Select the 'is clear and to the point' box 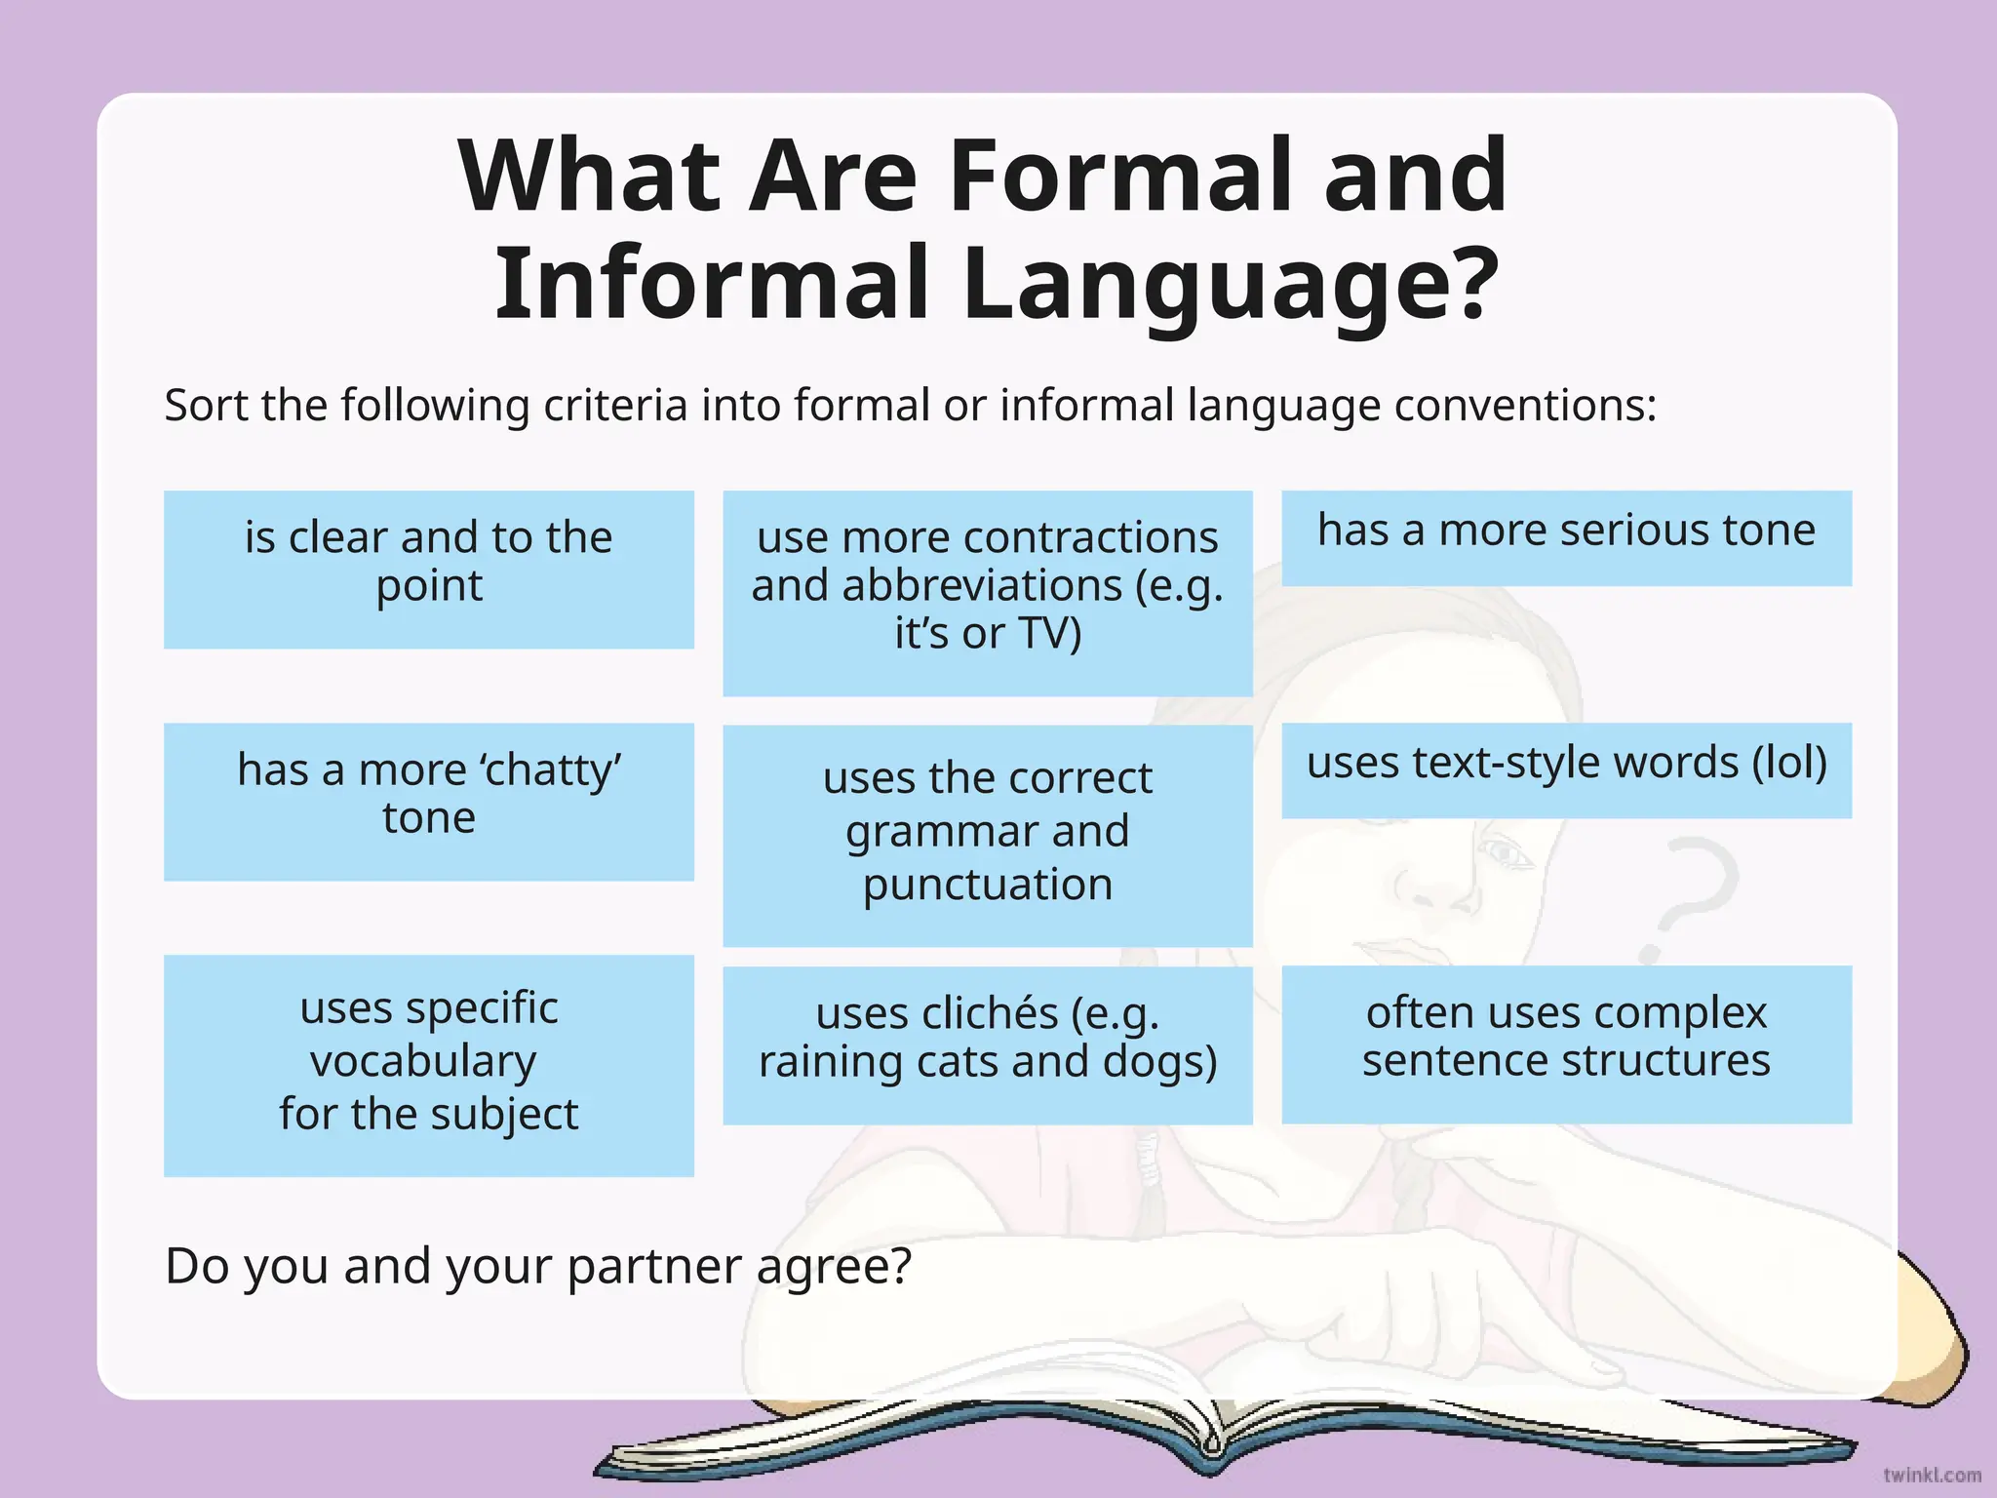point(429,569)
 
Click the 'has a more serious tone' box point(1566,537)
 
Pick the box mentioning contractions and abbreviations point(987,592)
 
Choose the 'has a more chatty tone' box point(429,801)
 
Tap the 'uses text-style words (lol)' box point(1566,769)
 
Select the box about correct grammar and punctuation point(987,834)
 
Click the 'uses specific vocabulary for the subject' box point(429,1064)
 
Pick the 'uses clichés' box point(987,1045)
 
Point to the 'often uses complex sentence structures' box point(1566,1044)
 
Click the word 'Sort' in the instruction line point(203,405)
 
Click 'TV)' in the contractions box point(1050,633)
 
